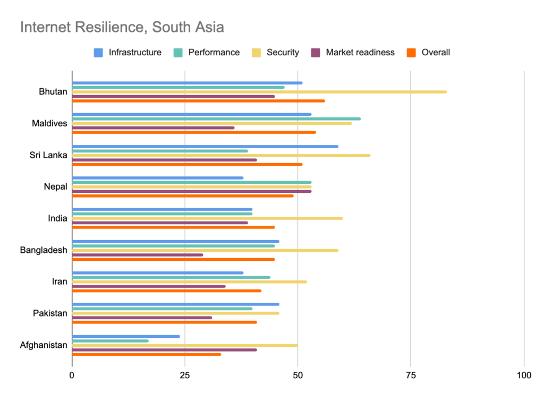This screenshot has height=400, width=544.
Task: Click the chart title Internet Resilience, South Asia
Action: tap(122, 27)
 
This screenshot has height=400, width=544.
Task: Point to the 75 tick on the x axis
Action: tap(411, 376)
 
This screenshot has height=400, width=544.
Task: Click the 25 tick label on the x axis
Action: tap(185, 376)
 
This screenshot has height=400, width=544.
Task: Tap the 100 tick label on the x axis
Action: tap(523, 376)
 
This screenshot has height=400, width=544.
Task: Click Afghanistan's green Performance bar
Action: tap(110, 341)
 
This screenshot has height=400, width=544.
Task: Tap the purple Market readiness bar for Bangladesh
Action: tap(138, 254)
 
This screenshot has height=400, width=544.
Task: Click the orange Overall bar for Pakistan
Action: tap(165, 322)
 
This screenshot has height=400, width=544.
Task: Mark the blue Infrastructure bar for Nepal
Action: tap(158, 178)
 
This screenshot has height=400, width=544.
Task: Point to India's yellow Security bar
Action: tap(207, 218)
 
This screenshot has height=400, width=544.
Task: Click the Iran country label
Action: tap(59, 282)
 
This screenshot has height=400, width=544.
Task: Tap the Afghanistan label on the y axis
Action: tap(44, 345)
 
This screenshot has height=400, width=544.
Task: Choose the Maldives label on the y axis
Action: tap(49, 123)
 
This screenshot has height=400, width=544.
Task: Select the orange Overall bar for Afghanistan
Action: tap(146, 354)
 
